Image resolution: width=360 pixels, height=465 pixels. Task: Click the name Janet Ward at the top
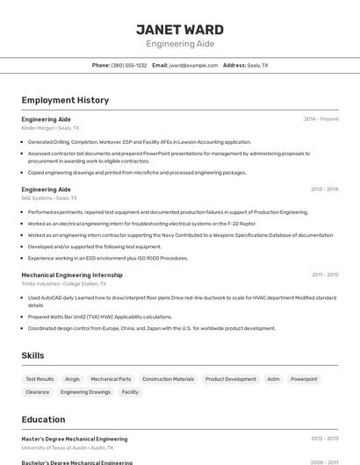179,29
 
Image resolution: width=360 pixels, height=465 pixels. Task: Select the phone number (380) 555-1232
129,66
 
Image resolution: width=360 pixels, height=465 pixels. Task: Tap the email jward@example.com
193,66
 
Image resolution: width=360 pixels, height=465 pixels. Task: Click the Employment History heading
65,100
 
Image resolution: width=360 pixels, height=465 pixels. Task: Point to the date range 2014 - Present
320,119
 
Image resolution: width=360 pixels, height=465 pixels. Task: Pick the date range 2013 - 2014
324,190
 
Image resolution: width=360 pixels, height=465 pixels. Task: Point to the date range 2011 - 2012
324,275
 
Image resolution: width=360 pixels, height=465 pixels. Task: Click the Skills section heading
32,355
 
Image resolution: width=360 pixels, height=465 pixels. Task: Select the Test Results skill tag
40,379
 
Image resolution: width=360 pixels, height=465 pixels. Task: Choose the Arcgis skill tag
72,379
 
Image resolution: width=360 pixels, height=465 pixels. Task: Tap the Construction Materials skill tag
168,379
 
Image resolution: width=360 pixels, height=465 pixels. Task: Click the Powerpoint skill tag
304,379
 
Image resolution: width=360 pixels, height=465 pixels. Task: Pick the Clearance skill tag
38,392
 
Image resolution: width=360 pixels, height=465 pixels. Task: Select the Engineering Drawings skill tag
86,392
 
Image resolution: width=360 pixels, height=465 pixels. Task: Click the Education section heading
43,419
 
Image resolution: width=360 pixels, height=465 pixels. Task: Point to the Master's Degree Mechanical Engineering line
75,439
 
